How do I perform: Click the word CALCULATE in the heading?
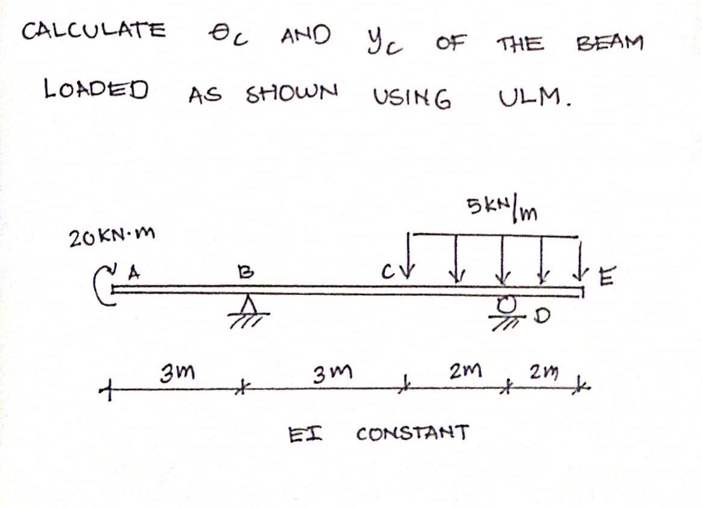pyautogui.click(x=93, y=29)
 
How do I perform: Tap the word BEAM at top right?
pyautogui.click(x=609, y=43)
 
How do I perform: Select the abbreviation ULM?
pyautogui.click(x=533, y=96)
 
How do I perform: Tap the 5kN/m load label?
pyautogui.click(x=502, y=208)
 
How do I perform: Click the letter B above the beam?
pyautogui.click(x=243, y=271)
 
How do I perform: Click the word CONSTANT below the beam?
pyautogui.click(x=412, y=432)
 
